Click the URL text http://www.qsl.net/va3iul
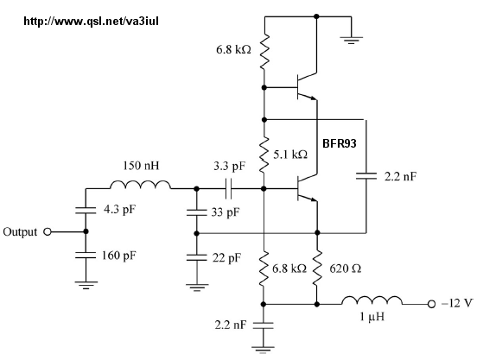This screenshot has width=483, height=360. (92, 22)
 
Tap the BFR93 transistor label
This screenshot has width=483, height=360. (340, 143)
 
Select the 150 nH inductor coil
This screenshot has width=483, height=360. (140, 185)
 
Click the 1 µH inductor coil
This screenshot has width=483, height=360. (372, 300)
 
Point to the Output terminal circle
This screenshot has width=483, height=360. (48, 231)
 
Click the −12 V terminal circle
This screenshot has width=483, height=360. (431, 304)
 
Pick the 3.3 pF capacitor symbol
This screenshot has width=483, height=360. (229, 188)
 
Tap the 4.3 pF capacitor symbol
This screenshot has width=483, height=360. (86, 211)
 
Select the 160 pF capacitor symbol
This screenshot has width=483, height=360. (86, 255)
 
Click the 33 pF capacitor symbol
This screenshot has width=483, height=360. (196, 212)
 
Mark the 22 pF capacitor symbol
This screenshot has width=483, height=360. (196, 257)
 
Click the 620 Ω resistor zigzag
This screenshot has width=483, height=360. (317, 268)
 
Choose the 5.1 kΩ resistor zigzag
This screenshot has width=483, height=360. (264, 155)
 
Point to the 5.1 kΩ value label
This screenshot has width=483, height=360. (290, 155)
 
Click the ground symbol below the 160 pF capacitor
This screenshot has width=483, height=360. (86, 285)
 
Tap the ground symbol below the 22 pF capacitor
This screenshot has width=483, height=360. (197, 287)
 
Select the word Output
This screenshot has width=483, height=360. (20, 232)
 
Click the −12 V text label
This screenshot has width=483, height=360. (457, 303)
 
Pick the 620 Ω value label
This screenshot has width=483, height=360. (346, 269)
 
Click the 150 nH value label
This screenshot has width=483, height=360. (142, 166)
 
